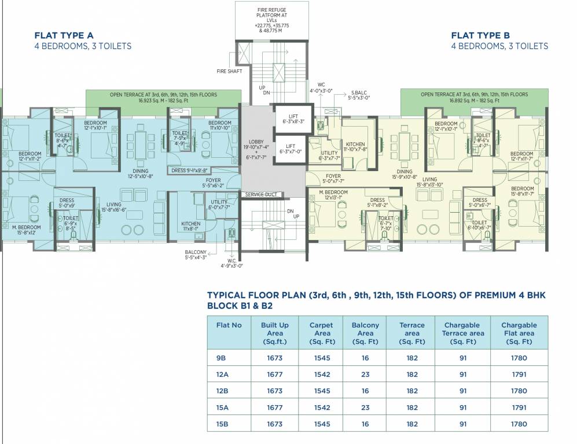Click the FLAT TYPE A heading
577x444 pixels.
pyautogui.click(x=64, y=35)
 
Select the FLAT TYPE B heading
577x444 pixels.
pyautogui.click(x=481, y=35)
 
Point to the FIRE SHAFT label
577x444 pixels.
pyautogui.click(x=228, y=71)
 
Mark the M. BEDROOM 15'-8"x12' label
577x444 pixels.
pyautogui.click(x=27, y=230)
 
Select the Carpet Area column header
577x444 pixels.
pyautogui.click(x=321, y=333)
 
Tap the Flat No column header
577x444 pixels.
pyautogui.click(x=229, y=325)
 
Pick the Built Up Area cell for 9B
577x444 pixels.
pyautogui.click(x=275, y=358)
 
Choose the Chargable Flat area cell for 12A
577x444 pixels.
pyautogui.click(x=519, y=375)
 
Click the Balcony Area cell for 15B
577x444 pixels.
pyautogui.click(x=365, y=424)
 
